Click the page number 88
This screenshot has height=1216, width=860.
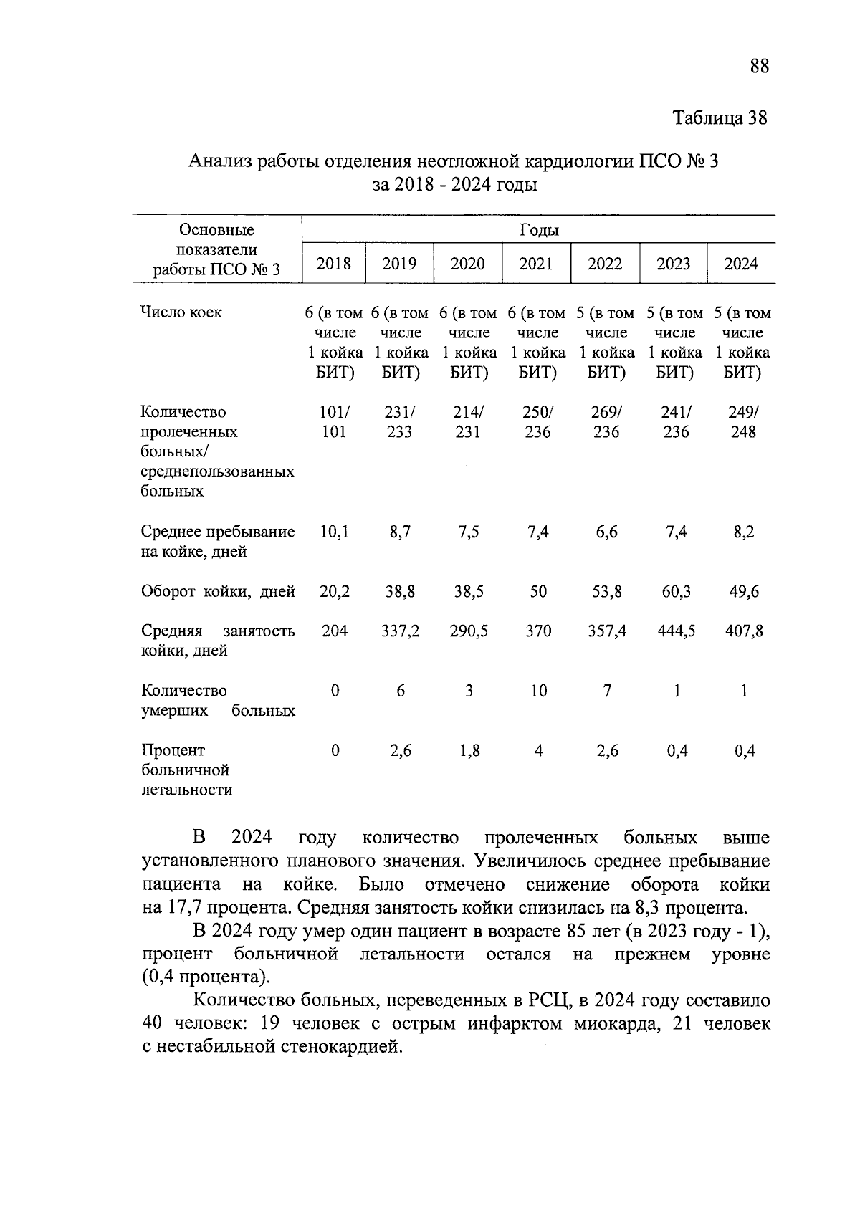(759, 67)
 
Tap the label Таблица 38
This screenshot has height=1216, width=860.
(720, 118)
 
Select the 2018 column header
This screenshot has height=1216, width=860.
(334, 264)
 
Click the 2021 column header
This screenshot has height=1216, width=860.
(536, 264)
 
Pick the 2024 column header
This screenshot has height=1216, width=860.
(740, 264)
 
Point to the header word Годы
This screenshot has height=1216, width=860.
(538, 230)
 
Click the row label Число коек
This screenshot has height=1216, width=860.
(181, 312)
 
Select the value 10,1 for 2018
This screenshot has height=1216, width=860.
(334, 532)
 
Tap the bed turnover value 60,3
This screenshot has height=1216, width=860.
(676, 592)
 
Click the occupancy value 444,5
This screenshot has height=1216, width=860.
(676, 631)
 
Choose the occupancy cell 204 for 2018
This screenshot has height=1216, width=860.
(334, 631)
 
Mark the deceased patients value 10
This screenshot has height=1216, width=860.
(538, 691)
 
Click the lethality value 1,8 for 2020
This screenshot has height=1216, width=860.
(469, 751)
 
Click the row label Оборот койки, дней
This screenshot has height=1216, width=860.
(218, 592)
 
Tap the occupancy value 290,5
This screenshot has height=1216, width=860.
(469, 631)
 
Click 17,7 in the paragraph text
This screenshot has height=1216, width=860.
(183, 908)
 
